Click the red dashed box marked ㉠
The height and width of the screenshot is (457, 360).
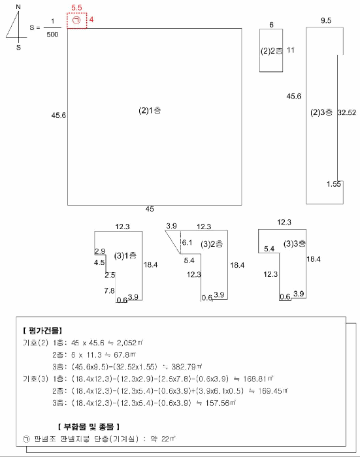67,21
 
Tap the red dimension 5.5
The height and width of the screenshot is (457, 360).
76,8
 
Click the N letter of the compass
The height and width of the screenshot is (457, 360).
18,7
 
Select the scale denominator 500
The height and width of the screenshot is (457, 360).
52,35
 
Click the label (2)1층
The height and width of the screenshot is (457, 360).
150,110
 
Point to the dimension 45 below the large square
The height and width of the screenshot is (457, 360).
150,209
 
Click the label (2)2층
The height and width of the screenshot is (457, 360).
272,51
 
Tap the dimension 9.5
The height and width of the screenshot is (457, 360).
326,20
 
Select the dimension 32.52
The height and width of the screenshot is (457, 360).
347,112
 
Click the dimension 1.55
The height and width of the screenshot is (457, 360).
334,184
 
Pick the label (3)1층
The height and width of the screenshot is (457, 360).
125,256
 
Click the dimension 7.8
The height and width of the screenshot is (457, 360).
109,291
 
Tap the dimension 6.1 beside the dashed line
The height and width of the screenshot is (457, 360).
187,242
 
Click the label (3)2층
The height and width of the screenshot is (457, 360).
212,244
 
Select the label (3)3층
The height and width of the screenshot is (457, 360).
295,244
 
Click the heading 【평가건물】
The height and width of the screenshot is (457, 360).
42,330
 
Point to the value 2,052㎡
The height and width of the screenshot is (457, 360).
130,343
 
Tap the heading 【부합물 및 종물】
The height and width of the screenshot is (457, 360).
89,427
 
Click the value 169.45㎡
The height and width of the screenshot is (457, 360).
273,391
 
